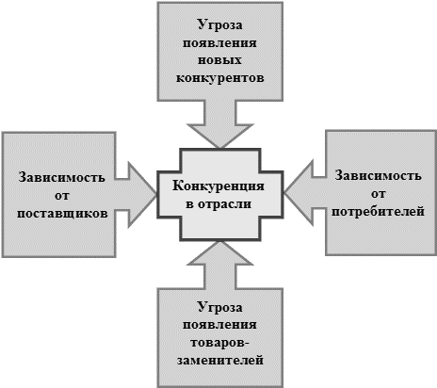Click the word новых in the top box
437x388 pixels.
(x=219, y=60)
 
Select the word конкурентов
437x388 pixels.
(x=219, y=78)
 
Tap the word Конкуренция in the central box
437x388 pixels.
(x=218, y=186)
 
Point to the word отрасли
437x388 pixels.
(x=225, y=204)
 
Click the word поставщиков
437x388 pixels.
(x=62, y=214)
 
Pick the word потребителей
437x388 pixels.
(x=378, y=212)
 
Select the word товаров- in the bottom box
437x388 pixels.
(x=219, y=343)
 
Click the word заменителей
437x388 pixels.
(x=219, y=361)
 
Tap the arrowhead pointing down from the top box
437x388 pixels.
(x=220, y=136)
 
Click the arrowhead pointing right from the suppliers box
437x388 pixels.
(x=142, y=195)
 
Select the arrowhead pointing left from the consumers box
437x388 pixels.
(x=299, y=193)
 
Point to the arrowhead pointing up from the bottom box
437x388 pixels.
(x=220, y=253)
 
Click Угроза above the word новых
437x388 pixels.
(x=219, y=25)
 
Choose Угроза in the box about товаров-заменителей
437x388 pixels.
(x=219, y=308)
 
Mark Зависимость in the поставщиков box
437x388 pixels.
(x=62, y=178)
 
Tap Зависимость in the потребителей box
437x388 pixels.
(x=378, y=176)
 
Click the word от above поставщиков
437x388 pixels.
(x=62, y=196)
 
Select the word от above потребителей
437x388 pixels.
(x=378, y=194)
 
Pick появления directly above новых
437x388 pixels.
(x=219, y=42)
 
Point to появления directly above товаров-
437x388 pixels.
(x=219, y=325)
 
